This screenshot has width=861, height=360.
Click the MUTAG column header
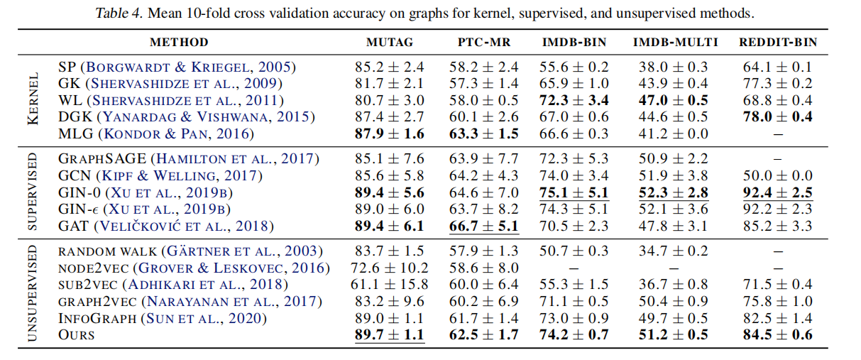pyautogui.click(x=389, y=43)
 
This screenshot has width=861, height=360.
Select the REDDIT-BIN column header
pyautogui.click(x=777, y=43)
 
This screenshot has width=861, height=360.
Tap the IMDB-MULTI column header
pyautogui.click(x=675, y=43)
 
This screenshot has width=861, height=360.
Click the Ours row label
pyautogui.click(x=76, y=334)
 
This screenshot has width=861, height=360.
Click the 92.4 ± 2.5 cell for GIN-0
pyautogui.click(x=777, y=192)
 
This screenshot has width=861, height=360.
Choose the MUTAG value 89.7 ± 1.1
pyautogui.click(x=389, y=334)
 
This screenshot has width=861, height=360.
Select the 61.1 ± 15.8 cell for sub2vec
pyautogui.click(x=389, y=285)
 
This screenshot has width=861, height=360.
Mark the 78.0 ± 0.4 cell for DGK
pyautogui.click(x=777, y=116)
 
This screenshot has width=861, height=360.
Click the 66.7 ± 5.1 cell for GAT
pyautogui.click(x=483, y=226)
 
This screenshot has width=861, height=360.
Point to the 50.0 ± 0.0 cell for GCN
pyautogui.click(x=777, y=175)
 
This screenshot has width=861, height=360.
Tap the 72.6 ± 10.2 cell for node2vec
pyautogui.click(x=389, y=268)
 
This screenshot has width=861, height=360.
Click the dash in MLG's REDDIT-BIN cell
pyautogui.click(x=777, y=133)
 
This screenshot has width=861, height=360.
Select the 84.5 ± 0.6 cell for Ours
pyautogui.click(x=777, y=334)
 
